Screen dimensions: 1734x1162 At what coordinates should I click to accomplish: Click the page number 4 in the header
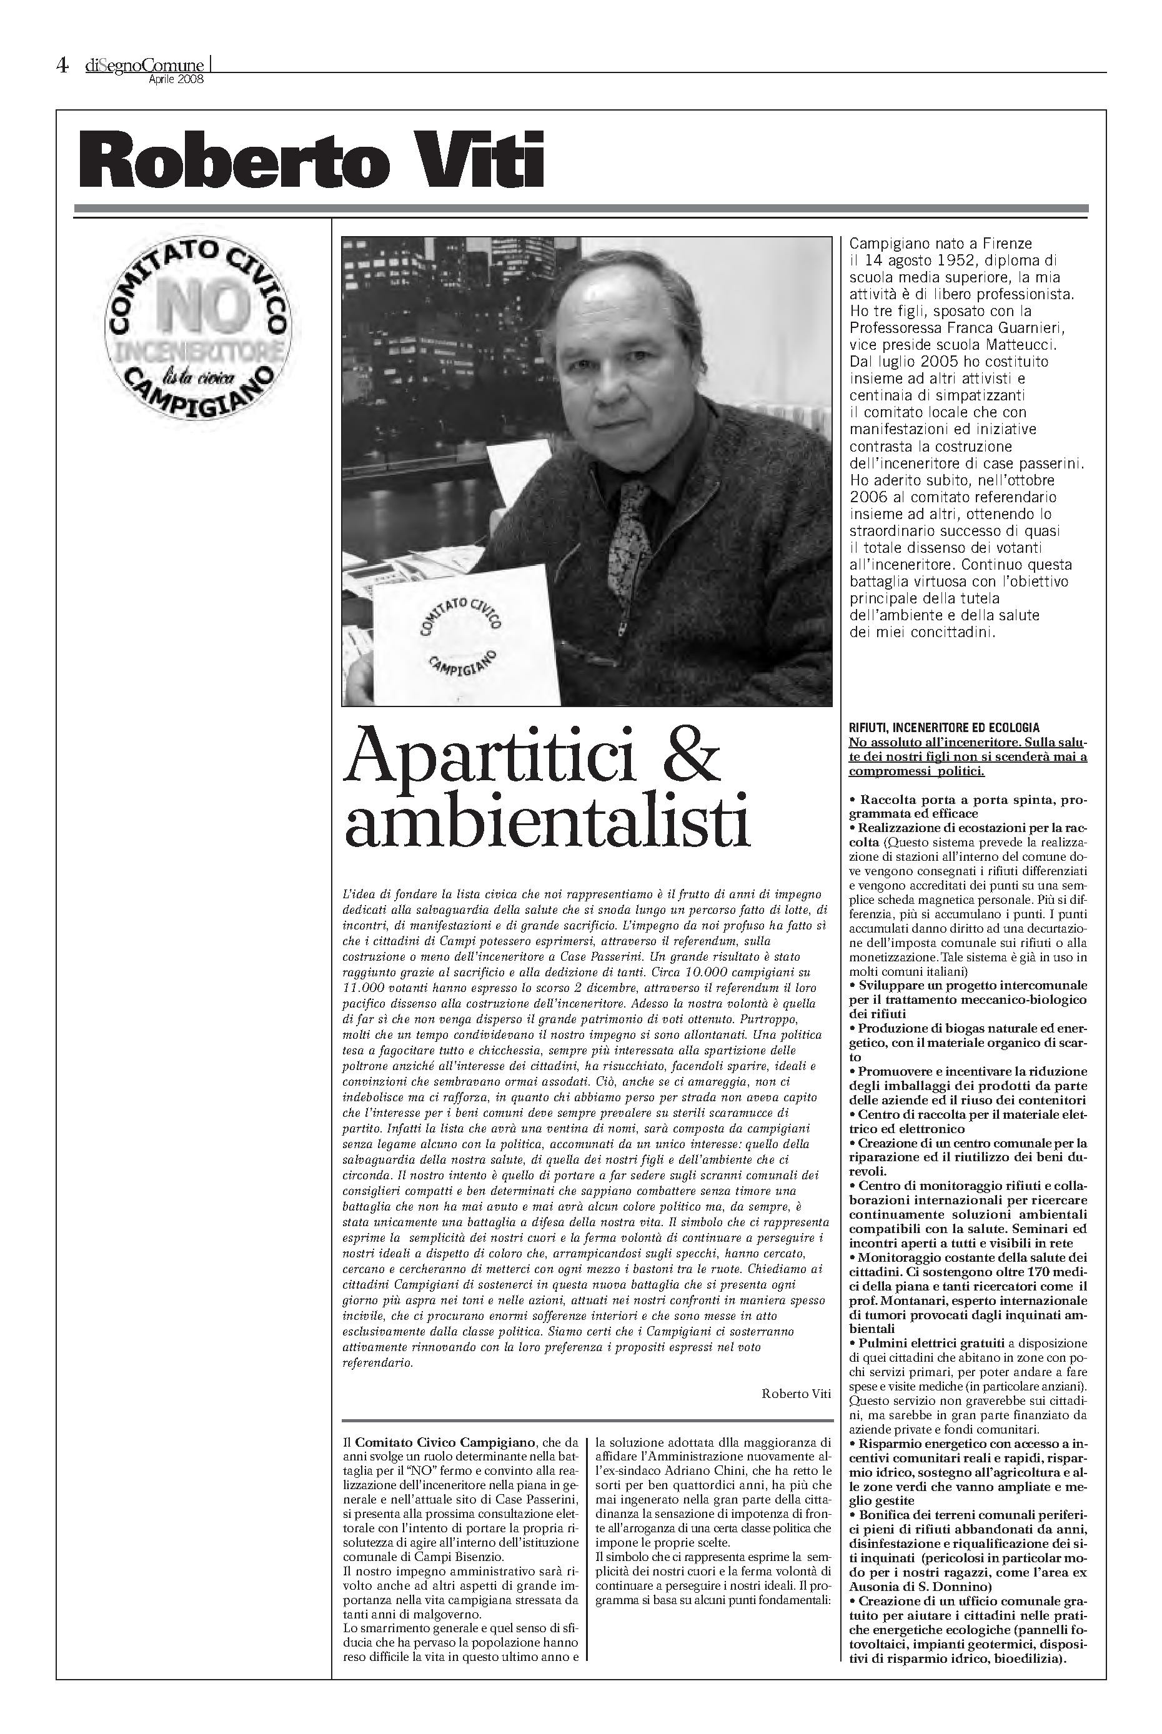pos(62,67)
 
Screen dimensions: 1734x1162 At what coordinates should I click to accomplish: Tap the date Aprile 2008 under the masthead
pos(176,79)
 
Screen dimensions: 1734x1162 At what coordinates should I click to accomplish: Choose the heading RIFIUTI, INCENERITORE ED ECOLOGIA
pos(944,728)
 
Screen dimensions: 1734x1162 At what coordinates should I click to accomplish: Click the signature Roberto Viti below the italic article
pos(796,1394)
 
